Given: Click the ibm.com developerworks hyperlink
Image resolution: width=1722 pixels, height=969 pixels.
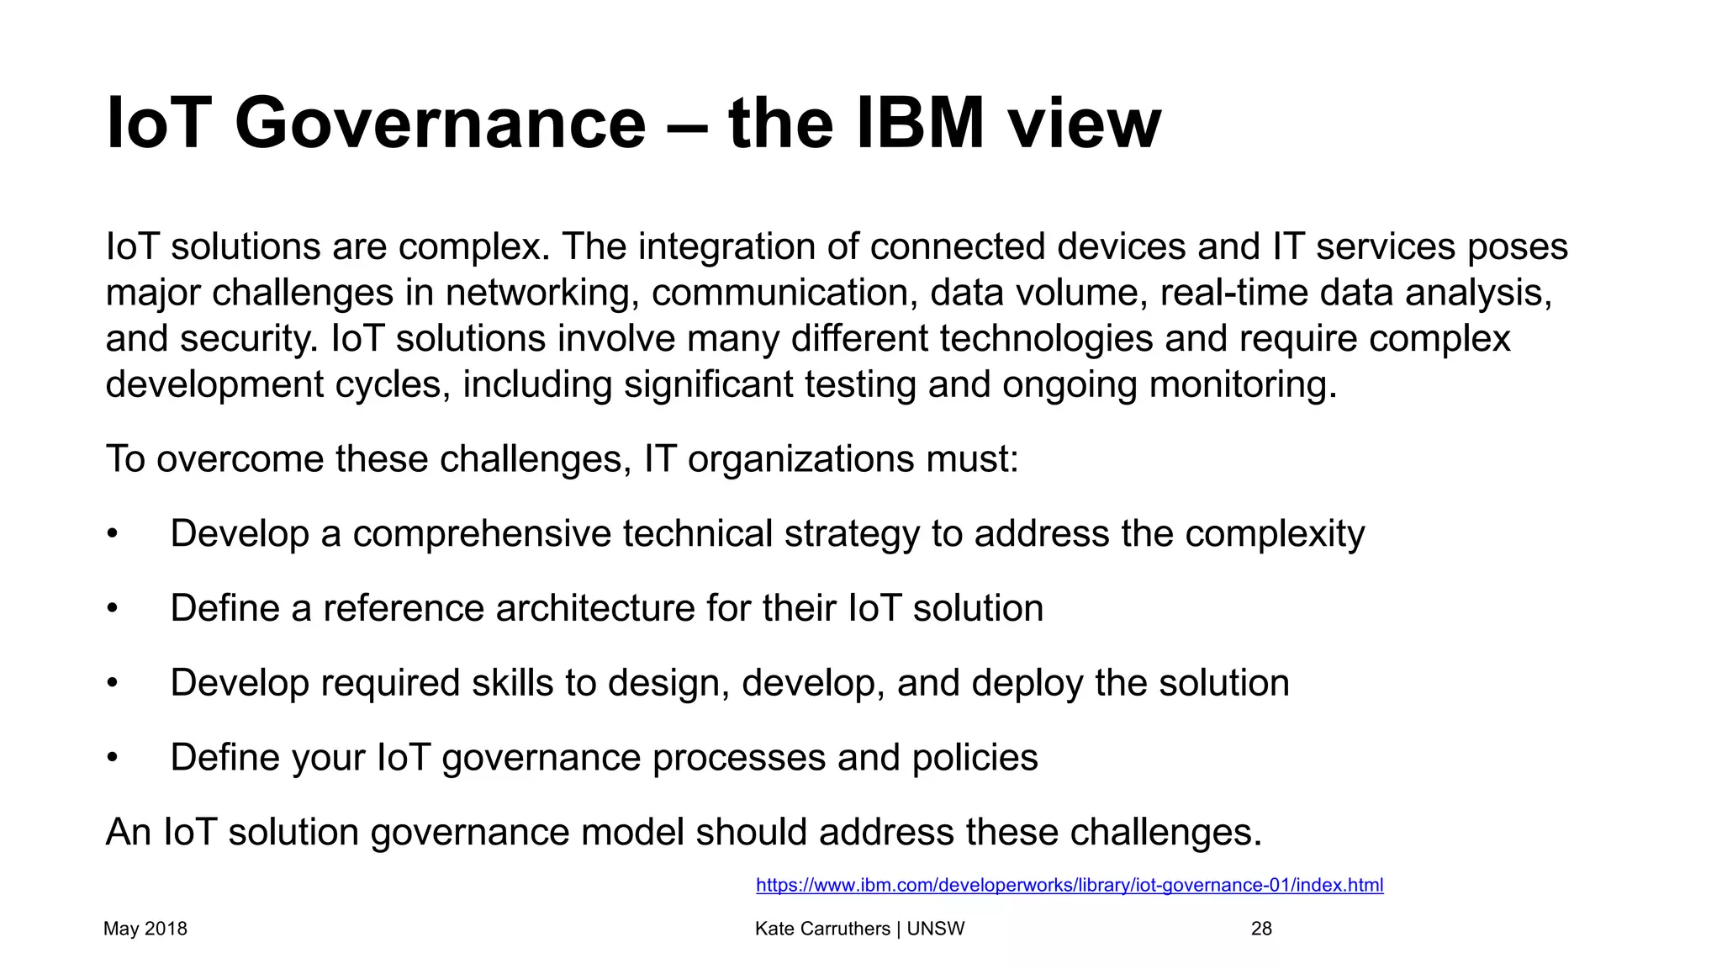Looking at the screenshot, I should [x=1070, y=885].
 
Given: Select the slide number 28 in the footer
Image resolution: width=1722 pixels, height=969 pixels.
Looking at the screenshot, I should [x=1261, y=929].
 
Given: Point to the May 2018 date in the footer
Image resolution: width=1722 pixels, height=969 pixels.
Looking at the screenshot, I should [x=145, y=929].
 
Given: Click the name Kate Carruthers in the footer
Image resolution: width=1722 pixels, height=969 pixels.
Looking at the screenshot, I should [x=822, y=929].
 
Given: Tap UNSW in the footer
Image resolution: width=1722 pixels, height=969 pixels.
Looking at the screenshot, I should [x=936, y=929].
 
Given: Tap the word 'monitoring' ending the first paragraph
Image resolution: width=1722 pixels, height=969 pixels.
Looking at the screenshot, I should [x=1242, y=385].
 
